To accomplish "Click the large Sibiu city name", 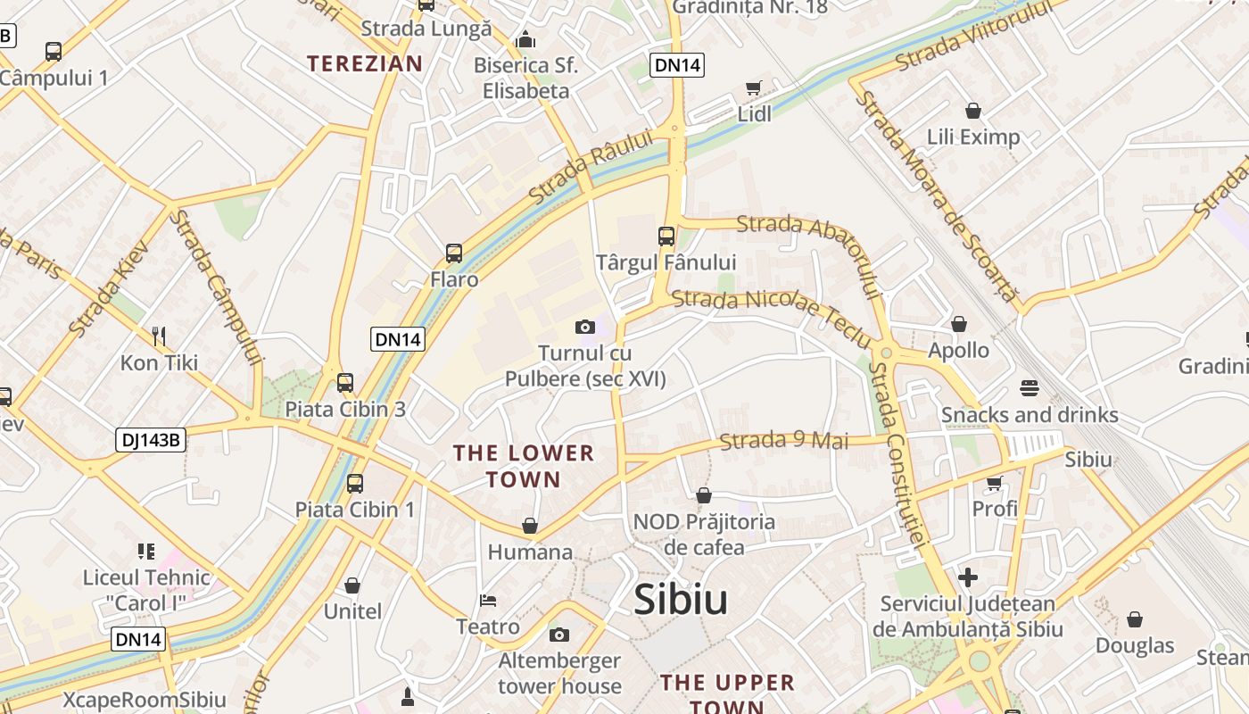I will click(x=681, y=601).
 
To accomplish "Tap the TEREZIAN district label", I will click(x=364, y=63).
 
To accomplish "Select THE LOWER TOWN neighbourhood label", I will click(x=524, y=466).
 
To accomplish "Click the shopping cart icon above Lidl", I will click(x=754, y=87).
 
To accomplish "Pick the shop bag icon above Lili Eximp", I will click(x=973, y=111).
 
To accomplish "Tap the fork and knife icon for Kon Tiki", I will click(x=159, y=336).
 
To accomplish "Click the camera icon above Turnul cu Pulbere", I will click(x=585, y=328).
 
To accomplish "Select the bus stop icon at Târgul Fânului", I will click(x=666, y=237).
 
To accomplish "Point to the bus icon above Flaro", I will click(x=454, y=253).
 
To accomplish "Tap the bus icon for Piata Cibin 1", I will click(x=355, y=484).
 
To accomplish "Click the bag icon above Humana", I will click(x=530, y=526).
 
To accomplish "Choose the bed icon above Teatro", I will click(x=487, y=600).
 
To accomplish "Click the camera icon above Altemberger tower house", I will click(x=559, y=635).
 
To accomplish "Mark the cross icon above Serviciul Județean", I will click(x=968, y=577).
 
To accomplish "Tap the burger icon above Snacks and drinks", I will click(x=1030, y=388).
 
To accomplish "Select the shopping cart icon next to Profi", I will click(x=994, y=483).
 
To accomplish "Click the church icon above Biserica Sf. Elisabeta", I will click(x=526, y=39).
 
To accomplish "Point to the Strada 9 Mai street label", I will click(x=783, y=441).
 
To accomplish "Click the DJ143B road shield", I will click(x=151, y=439).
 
